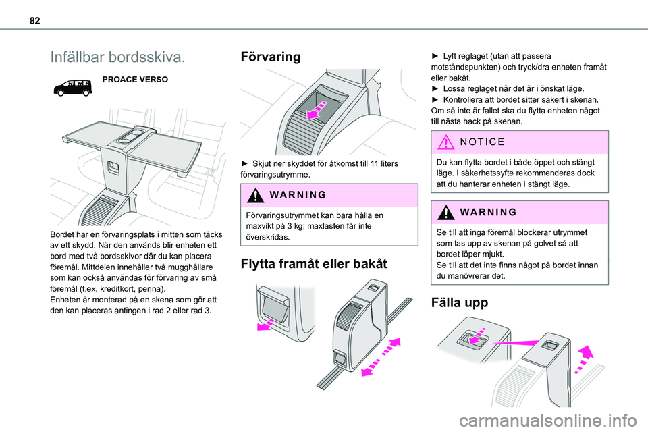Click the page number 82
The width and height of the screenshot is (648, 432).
tap(34, 20)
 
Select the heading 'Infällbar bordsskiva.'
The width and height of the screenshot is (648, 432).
tap(117, 57)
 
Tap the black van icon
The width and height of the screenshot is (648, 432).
tap(73, 87)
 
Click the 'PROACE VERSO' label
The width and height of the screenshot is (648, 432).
tap(135, 80)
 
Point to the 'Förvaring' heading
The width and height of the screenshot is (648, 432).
tap(270, 57)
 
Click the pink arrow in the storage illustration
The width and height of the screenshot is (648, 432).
tap(317, 109)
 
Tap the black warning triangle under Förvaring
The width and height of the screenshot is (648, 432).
tap(255, 195)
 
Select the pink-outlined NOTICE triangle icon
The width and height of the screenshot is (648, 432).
tap(446, 142)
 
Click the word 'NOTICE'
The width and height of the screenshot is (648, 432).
tap(482, 142)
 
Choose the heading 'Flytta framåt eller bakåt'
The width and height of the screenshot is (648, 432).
tap(314, 264)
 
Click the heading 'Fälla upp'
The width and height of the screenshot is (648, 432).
tap(460, 302)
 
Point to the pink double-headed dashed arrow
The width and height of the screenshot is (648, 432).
tap(381, 357)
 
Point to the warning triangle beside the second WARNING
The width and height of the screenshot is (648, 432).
tap(446, 213)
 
